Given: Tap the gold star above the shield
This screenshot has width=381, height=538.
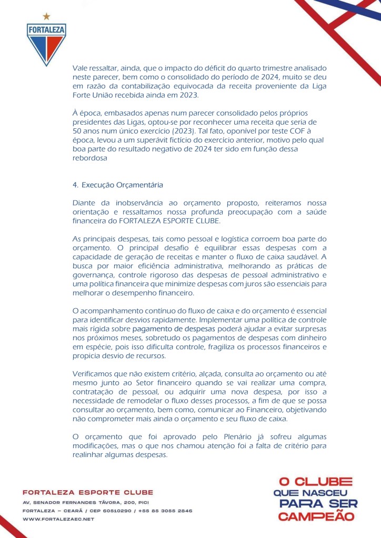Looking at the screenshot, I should pyautogui.click(x=47, y=16).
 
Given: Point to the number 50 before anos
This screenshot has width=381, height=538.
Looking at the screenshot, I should pyautogui.click(x=77, y=130).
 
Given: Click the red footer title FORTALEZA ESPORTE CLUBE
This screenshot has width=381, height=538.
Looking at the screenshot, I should pyautogui.click(x=88, y=492).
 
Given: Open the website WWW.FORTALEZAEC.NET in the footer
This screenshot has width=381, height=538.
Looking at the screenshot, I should pyautogui.click(x=58, y=519).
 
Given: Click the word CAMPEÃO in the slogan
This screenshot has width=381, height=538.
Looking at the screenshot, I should pyautogui.click(x=316, y=516).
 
